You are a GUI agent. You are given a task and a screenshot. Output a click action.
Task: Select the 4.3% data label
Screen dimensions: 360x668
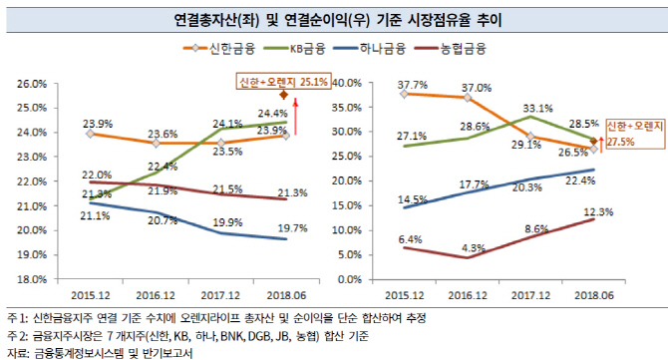point(473,247)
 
